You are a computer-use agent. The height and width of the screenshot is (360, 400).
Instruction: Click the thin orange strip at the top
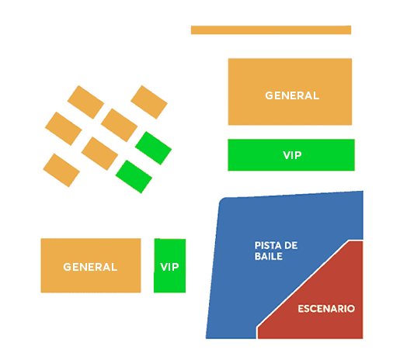tap(271, 30)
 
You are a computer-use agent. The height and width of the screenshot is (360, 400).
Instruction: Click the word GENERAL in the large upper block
tap(292, 95)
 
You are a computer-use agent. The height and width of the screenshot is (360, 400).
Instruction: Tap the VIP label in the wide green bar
tap(292, 155)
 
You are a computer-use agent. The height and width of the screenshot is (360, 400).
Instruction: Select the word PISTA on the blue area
tap(267, 245)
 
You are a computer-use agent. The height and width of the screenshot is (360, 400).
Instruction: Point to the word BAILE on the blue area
tap(269, 256)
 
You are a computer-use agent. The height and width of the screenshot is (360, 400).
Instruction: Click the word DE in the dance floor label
tap(290, 245)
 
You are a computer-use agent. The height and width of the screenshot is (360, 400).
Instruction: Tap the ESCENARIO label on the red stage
tap(326, 309)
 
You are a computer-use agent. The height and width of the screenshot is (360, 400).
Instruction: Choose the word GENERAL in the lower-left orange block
tap(90, 267)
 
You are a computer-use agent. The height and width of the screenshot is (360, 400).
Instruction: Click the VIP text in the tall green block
tap(169, 267)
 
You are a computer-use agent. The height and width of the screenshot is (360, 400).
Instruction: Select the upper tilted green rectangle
tap(153, 148)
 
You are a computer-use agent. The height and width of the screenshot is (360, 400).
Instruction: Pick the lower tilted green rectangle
tap(134, 177)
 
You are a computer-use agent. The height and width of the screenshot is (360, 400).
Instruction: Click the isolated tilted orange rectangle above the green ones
tap(149, 102)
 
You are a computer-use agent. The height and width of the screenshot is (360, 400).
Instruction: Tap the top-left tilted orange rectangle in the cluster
tap(85, 102)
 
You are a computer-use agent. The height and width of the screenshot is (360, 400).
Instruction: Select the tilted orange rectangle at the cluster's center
tap(119, 125)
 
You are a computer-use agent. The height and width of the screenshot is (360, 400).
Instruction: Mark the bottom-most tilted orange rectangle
tap(61, 170)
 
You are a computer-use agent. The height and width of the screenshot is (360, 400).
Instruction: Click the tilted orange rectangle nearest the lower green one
tap(99, 154)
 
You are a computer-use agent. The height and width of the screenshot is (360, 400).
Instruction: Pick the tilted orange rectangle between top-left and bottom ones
tap(64, 129)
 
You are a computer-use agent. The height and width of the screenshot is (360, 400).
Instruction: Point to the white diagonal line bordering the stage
tap(302, 283)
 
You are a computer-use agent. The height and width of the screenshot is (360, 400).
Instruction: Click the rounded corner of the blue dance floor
tap(221, 201)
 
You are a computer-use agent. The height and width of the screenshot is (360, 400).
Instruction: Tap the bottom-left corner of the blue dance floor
tap(206, 338)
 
